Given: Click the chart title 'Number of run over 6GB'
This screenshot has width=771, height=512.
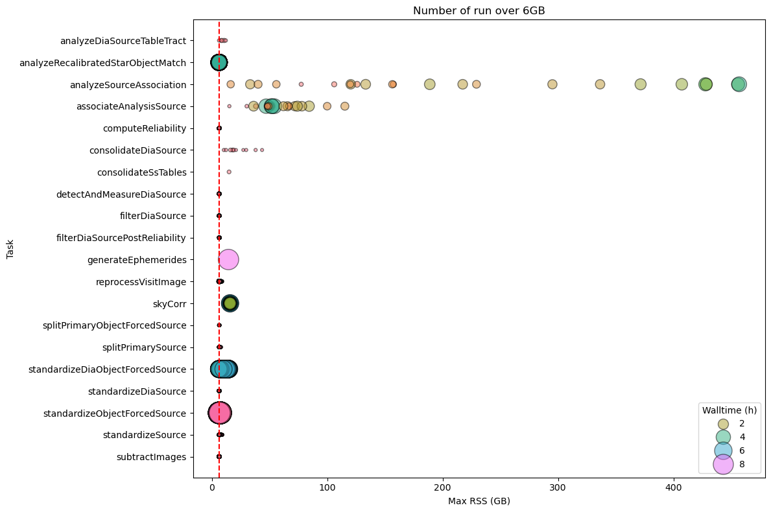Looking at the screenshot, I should coord(479,10).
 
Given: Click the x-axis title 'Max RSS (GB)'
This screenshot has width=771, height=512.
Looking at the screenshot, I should coord(479,501).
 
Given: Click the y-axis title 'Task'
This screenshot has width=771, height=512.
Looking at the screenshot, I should coord(10,249).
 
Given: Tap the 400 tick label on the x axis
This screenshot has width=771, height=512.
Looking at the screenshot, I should coord(673,488).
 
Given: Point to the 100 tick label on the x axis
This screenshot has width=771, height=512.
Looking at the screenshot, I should coord(327,488).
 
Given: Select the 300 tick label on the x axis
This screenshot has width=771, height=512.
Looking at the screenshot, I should coord(558,488).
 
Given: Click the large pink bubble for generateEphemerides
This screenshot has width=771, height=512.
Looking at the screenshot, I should coord(228,260).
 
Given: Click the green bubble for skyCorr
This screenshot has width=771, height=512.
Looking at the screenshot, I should coord(230,303).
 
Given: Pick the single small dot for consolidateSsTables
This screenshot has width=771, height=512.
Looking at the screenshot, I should coord(229,172).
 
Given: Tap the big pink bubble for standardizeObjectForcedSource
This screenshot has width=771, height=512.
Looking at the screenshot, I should coord(219,413).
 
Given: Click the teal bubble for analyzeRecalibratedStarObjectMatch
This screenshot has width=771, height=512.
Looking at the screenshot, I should coord(219,62).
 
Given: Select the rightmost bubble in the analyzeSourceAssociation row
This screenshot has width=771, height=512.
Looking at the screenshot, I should coord(739,84).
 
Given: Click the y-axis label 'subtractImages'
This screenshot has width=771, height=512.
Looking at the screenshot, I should coord(151,457).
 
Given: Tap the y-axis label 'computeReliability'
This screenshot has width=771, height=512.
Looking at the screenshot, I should coord(145,128).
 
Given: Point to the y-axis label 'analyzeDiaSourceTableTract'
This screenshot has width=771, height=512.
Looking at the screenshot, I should coord(123,41).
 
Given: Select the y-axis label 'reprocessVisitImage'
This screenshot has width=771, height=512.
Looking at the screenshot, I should coord(141,282).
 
